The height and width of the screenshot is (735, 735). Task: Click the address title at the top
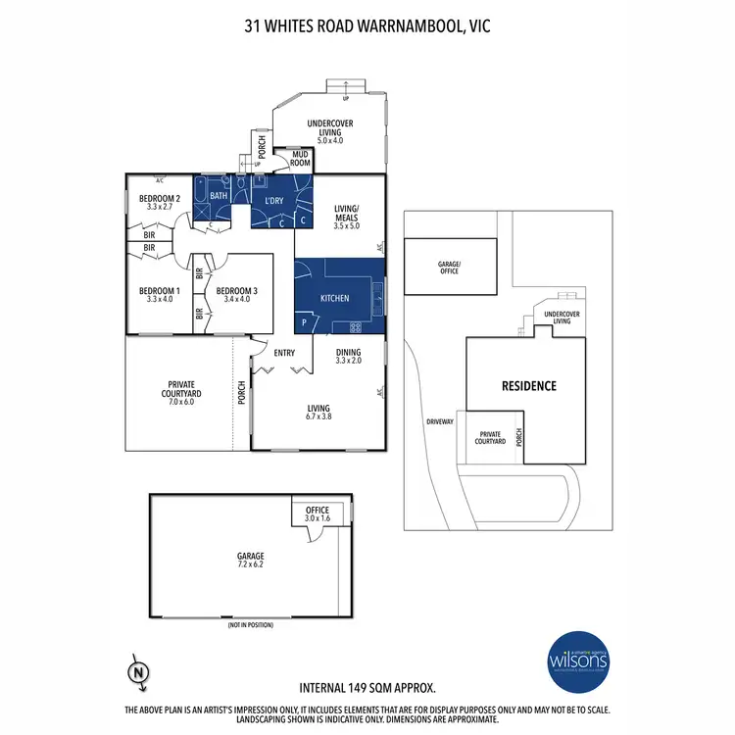[367, 26]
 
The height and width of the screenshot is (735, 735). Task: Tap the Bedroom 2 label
[159, 201]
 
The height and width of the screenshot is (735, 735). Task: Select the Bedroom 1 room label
[159, 295]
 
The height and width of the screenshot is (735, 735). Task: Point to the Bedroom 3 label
[236, 295]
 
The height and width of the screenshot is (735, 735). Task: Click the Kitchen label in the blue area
[335, 298]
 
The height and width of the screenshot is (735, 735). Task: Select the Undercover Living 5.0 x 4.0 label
[330, 130]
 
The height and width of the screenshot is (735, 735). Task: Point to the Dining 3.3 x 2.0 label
[349, 357]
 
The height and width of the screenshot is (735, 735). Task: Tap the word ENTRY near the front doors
[285, 353]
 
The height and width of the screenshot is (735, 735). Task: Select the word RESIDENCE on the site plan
[530, 385]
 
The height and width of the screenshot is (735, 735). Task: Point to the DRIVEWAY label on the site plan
[440, 421]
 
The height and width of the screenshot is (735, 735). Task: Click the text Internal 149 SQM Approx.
[367, 689]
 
